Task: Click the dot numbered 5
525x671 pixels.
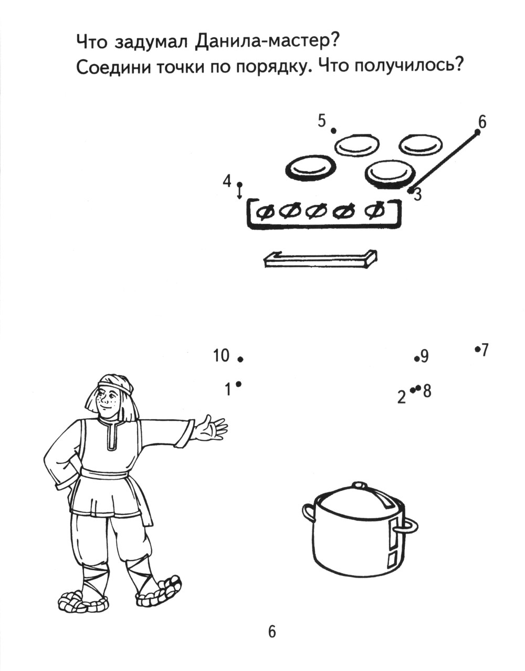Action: pos(333,131)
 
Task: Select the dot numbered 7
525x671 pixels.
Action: pos(477,349)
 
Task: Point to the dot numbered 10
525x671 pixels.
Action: pos(240,359)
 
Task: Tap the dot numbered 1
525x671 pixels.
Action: pos(238,384)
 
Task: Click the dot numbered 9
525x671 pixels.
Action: pos(416,359)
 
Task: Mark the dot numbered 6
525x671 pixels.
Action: pos(477,133)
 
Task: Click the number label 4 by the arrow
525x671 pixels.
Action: pos(227,181)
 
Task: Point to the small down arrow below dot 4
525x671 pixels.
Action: pos(240,191)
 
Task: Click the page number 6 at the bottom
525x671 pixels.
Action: pos(272,632)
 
